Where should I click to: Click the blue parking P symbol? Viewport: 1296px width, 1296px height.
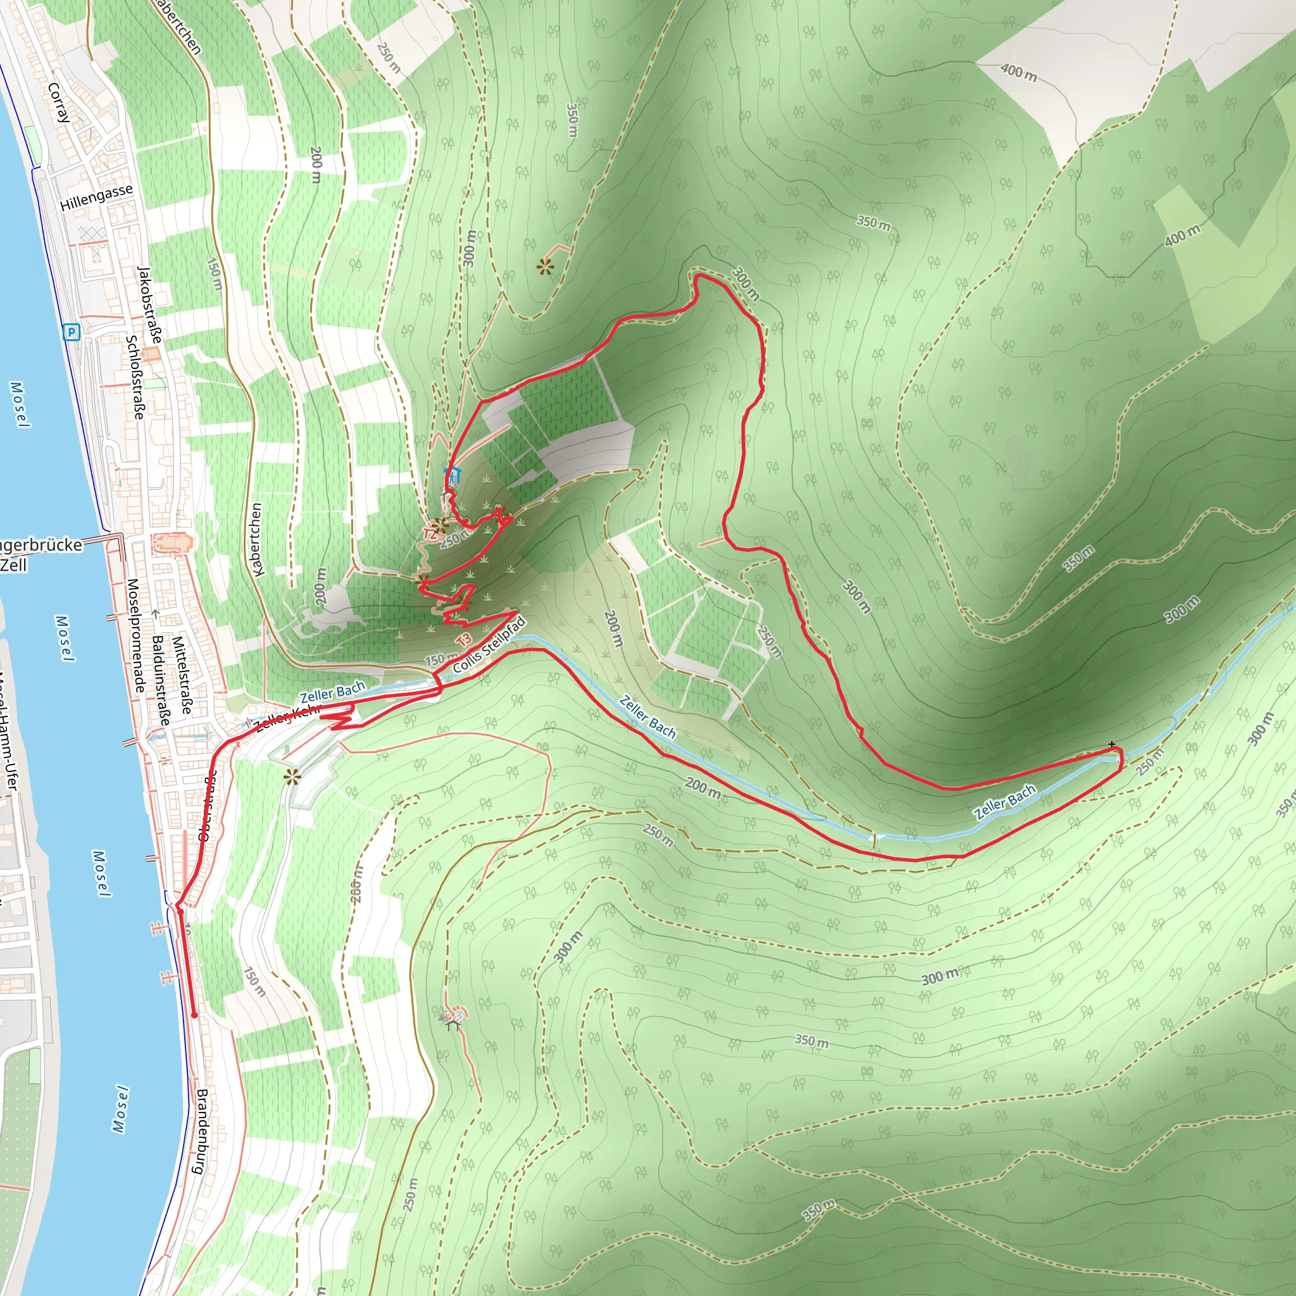coord(72,332)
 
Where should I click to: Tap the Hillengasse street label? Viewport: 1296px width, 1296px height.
coord(97,198)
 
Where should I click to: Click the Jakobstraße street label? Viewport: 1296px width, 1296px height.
coord(149,304)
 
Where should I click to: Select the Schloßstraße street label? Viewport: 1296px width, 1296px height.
coord(135,377)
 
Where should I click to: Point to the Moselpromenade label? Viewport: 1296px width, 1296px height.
coord(135,635)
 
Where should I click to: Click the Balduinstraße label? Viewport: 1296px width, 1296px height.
coord(160,680)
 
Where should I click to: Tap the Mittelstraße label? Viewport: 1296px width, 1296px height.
coord(182,675)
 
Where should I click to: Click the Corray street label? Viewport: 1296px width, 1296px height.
coord(59,102)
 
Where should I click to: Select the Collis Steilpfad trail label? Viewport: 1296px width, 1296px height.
coord(489,645)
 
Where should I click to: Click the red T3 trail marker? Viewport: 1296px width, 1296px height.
coord(463,639)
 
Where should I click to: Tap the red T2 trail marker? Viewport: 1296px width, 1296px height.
coord(430,534)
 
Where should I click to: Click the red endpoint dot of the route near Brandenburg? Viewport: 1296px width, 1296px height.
coord(194,1016)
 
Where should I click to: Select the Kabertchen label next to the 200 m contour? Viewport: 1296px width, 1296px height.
coord(256,539)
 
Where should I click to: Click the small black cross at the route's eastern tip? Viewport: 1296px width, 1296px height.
coord(1111,744)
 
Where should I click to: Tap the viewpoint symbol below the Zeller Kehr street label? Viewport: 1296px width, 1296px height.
coord(292,777)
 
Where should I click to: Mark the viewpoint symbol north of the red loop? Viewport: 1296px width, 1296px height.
coord(545,267)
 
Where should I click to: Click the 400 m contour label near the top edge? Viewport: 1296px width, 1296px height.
coord(1018,72)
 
